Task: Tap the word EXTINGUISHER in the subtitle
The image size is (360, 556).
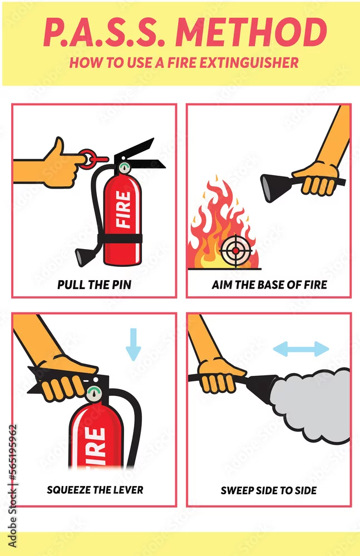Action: [249, 63]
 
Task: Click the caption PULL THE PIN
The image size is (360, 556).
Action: [95, 285]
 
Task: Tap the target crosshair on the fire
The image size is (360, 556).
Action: [236, 251]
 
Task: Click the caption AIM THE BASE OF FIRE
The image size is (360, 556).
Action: [269, 285]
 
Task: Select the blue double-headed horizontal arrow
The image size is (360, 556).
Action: [301, 349]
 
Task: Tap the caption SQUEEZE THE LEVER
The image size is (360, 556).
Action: [95, 490]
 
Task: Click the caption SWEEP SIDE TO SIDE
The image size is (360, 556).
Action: [269, 490]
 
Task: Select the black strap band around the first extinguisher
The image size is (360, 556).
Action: [121, 239]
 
